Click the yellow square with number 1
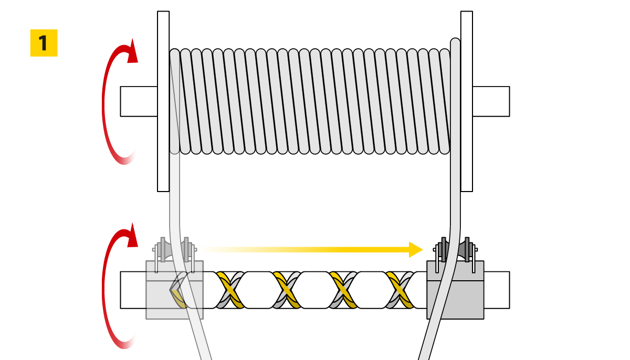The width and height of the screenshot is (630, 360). coord(44,43)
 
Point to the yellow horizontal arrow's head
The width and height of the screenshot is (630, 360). coord(416,249)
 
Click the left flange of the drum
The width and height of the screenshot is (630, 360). coord(163,101)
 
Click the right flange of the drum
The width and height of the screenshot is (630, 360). coord(467,101)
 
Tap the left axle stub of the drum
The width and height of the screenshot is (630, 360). coord(139,101)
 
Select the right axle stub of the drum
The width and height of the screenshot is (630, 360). coord(491,101)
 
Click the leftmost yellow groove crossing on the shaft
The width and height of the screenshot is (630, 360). coord(230,290)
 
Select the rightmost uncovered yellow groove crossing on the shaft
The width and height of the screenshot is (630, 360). coord(400,290)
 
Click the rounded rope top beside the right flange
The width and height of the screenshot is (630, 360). coord(456,44)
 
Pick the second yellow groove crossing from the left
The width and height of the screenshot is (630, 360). coord(287,290)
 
